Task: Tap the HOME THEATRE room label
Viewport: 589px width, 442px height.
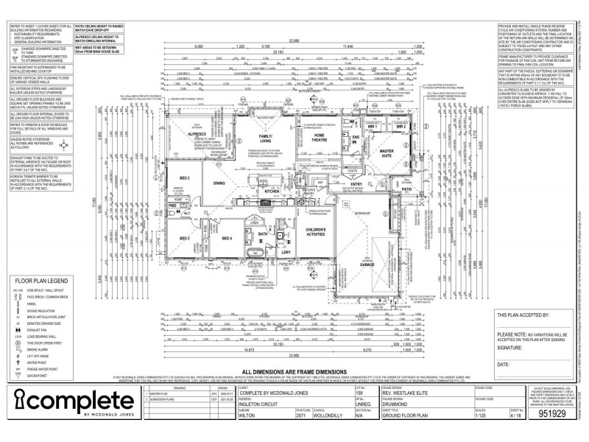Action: tap(318, 137)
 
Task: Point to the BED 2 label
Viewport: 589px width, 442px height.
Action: tap(185, 178)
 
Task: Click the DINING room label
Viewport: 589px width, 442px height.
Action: tap(219, 183)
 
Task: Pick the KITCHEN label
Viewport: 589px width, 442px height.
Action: tap(272, 191)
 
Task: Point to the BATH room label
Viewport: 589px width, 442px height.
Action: tap(262, 234)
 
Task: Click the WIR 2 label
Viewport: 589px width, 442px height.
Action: tap(401, 127)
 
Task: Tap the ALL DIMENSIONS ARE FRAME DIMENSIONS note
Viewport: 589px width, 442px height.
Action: tap(294, 372)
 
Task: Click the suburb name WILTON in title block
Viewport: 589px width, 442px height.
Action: tap(248, 415)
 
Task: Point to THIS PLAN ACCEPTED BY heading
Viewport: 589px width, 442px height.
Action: tap(523, 315)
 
